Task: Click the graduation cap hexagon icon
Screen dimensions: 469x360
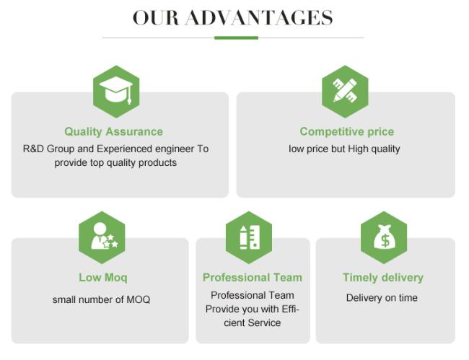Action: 116,92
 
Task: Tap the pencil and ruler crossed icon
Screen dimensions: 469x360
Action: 345,92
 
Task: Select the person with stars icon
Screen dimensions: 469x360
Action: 102,237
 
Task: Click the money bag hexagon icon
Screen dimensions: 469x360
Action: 384,237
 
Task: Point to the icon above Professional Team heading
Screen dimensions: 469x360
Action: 249,237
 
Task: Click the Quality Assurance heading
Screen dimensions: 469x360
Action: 114,131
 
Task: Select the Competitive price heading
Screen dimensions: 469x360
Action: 347,131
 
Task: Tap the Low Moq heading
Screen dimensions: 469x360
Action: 103,278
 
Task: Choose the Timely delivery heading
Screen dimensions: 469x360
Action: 383,278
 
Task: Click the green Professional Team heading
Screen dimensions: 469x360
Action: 253,278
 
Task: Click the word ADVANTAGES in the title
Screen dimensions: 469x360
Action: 259,17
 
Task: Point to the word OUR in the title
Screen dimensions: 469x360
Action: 156,17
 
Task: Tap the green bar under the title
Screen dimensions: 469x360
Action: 236,38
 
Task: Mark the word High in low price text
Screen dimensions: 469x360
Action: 358,149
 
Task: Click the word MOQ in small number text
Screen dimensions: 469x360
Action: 139,299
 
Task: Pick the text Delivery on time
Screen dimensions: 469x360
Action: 382,298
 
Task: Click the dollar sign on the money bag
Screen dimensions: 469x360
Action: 385,240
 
